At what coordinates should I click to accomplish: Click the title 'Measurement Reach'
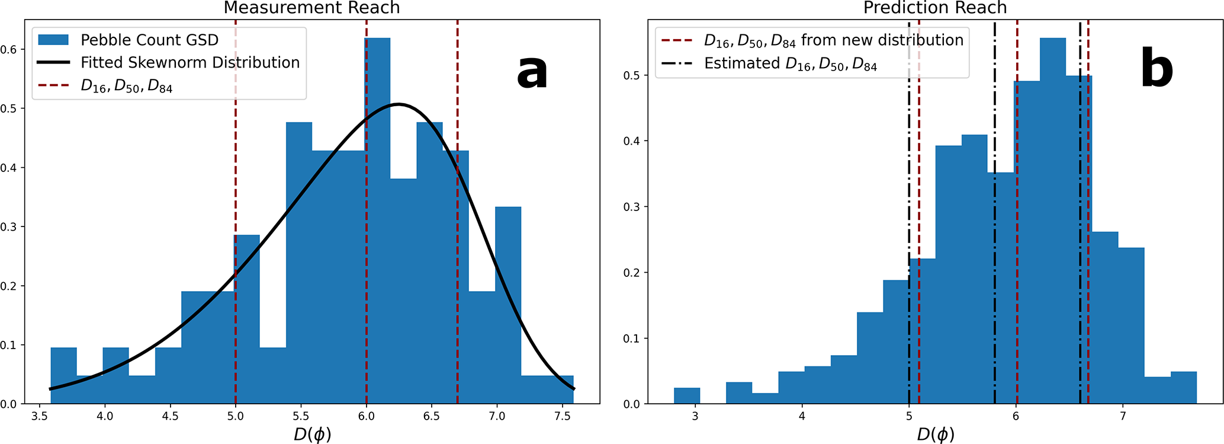(x=311, y=8)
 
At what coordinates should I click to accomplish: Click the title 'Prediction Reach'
(x=935, y=8)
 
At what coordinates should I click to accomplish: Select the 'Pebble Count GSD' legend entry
(x=149, y=40)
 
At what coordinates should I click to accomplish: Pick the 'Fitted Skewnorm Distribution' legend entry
(x=189, y=62)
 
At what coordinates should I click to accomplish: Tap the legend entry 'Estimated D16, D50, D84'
(x=790, y=63)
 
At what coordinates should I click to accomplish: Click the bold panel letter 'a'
(x=531, y=72)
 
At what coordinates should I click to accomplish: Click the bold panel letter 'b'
(x=1156, y=70)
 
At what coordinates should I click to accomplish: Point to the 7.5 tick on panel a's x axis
(x=562, y=416)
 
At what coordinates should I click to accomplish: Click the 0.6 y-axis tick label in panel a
(x=9, y=49)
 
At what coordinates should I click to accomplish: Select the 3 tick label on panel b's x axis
(x=695, y=416)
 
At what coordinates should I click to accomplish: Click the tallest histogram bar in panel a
(x=377, y=219)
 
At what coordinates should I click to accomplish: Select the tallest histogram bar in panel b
(x=1052, y=219)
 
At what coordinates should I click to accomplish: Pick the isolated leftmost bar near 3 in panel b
(x=687, y=396)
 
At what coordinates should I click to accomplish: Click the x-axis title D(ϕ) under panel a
(x=312, y=435)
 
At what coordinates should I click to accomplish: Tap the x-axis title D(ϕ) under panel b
(x=936, y=435)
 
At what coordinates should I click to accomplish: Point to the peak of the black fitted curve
(x=399, y=104)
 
